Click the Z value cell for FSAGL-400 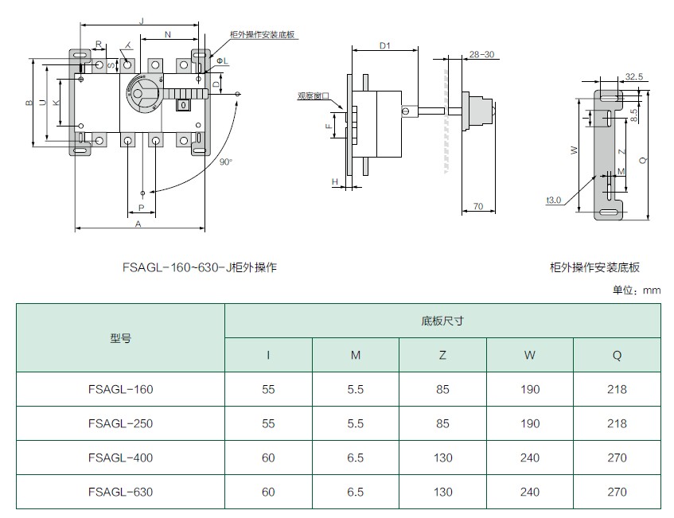(x=442, y=458)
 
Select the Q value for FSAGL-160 (x=617, y=389)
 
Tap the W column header (x=530, y=355)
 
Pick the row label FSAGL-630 (x=120, y=492)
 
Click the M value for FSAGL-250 (x=356, y=423)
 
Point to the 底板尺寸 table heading (x=442, y=321)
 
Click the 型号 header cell (x=120, y=338)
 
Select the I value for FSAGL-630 (x=268, y=492)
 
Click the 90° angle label (x=226, y=162)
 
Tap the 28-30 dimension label (x=482, y=55)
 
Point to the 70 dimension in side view (x=478, y=206)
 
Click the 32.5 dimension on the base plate (x=634, y=76)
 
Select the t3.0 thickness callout (x=554, y=200)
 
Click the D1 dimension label (x=384, y=45)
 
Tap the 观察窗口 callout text (x=314, y=95)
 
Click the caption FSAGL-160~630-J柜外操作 (x=200, y=267)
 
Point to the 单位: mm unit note (x=637, y=290)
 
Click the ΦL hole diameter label (x=222, y=61)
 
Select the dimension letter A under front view (x=138, y=224)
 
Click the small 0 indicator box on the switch (x=184, y=104)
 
